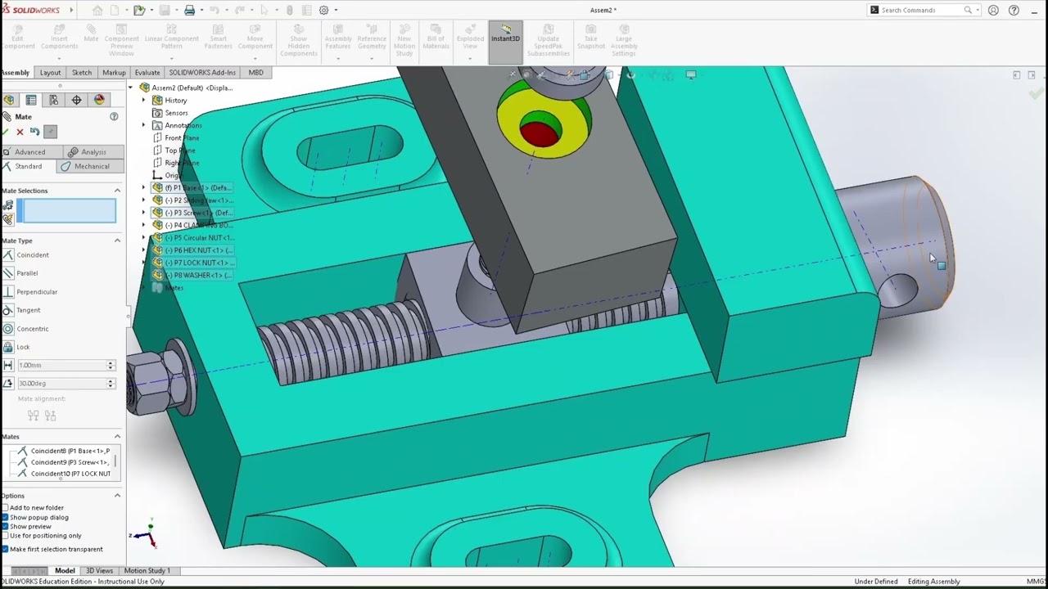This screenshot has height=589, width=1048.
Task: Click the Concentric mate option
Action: [33, 329]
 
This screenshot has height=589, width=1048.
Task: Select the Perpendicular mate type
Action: [37, 292]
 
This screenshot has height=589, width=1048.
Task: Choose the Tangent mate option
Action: [29, 310]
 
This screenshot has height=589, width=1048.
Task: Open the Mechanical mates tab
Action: [91, 166]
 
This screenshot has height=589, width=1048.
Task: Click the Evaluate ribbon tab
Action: [147, 73]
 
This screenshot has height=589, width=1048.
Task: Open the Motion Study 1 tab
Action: [147, 571]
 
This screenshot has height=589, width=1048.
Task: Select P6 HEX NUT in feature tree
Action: [198, 250]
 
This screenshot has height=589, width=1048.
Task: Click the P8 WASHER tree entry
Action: [198, 275]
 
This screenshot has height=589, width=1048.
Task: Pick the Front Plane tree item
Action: [182, 137]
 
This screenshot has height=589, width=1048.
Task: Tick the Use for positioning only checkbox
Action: [6, 536]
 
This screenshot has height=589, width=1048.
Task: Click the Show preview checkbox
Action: [6, 527]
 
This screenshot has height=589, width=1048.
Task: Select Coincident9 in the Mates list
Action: [70, 462]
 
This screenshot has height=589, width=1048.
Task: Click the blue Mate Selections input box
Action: [69, 212]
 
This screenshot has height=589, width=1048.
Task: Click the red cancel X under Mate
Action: [20, 132]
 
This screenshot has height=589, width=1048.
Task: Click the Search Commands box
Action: [921, 10]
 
